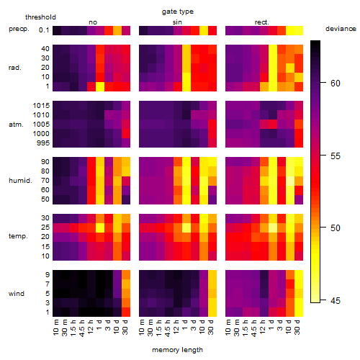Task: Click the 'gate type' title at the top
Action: (x=178, y=12)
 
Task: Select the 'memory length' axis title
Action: (x=177, y=350)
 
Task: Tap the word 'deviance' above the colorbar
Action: (x=341, y=29)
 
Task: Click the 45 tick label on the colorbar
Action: (x=336, y=300)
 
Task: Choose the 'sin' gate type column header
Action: (x=177, y=22)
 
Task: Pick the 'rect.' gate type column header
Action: (x=261, y=22)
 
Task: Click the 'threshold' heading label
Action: (x=40, y=17)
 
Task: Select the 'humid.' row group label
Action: (x=20, y=181)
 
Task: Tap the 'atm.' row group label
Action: (x=16, y=125)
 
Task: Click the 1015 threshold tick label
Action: (x=41, y=106)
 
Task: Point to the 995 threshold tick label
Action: (x=43, y=143)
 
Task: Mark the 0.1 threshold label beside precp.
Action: (x=44, y=30)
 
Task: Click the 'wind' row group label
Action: (x=17, y=294)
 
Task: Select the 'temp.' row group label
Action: (x=18, y=236)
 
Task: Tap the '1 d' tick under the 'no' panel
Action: (x=99, y=325)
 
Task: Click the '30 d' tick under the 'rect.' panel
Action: (x=297, y=327)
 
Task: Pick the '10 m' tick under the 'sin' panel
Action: (x=142, y=328)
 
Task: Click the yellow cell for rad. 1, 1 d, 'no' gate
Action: (x=100, y=86)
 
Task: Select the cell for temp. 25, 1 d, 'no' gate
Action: (x=100, y=228)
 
